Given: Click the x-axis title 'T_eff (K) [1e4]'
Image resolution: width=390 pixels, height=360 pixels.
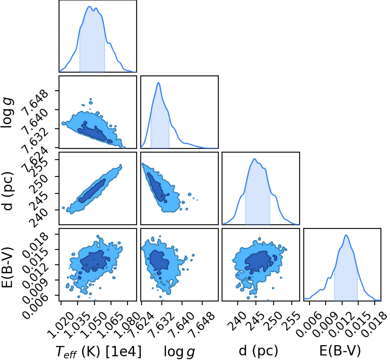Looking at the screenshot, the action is (99, 352).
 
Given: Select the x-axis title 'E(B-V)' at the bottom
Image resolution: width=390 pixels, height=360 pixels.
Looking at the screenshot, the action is (340, 351).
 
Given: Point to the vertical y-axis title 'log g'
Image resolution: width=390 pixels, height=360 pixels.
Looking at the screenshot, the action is (7, 113).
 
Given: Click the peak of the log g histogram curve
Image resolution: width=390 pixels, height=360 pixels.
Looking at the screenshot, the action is (158, 82).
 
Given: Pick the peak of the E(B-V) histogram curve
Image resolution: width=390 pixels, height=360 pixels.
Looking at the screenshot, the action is (346, 235).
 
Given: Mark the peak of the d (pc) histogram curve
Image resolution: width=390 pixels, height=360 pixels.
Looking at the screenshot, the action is (255, 159).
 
